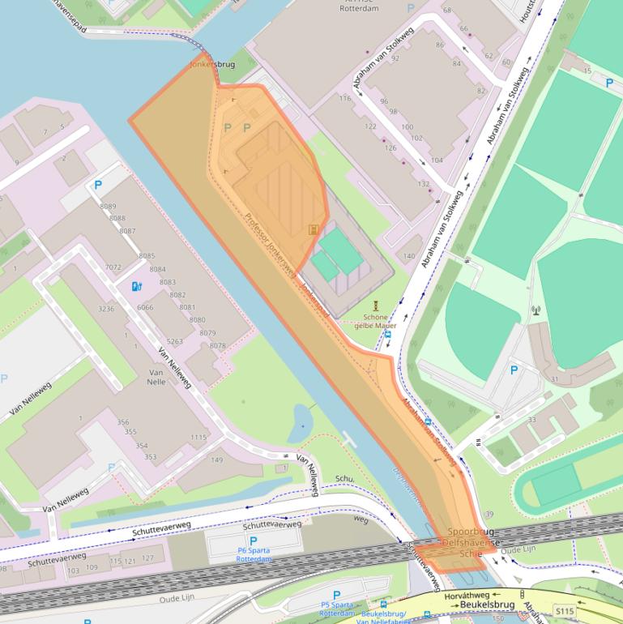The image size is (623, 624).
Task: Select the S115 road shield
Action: (564, 609)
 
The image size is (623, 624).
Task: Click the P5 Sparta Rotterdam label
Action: (336, 605)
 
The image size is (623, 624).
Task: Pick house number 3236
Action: (106, 309)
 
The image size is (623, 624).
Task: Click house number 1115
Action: (198, 437)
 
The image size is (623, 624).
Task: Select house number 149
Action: (216, 460)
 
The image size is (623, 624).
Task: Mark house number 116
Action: (345, 98)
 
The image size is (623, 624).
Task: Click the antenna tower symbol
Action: (535, 310)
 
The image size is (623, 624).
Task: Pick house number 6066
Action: (145, 307)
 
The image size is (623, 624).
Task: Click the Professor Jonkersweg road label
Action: (271, 241)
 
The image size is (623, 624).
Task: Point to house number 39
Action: (489, 515)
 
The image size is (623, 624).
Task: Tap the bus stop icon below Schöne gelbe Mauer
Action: (388, 334)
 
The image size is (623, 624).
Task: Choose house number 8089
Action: (109, 207)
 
